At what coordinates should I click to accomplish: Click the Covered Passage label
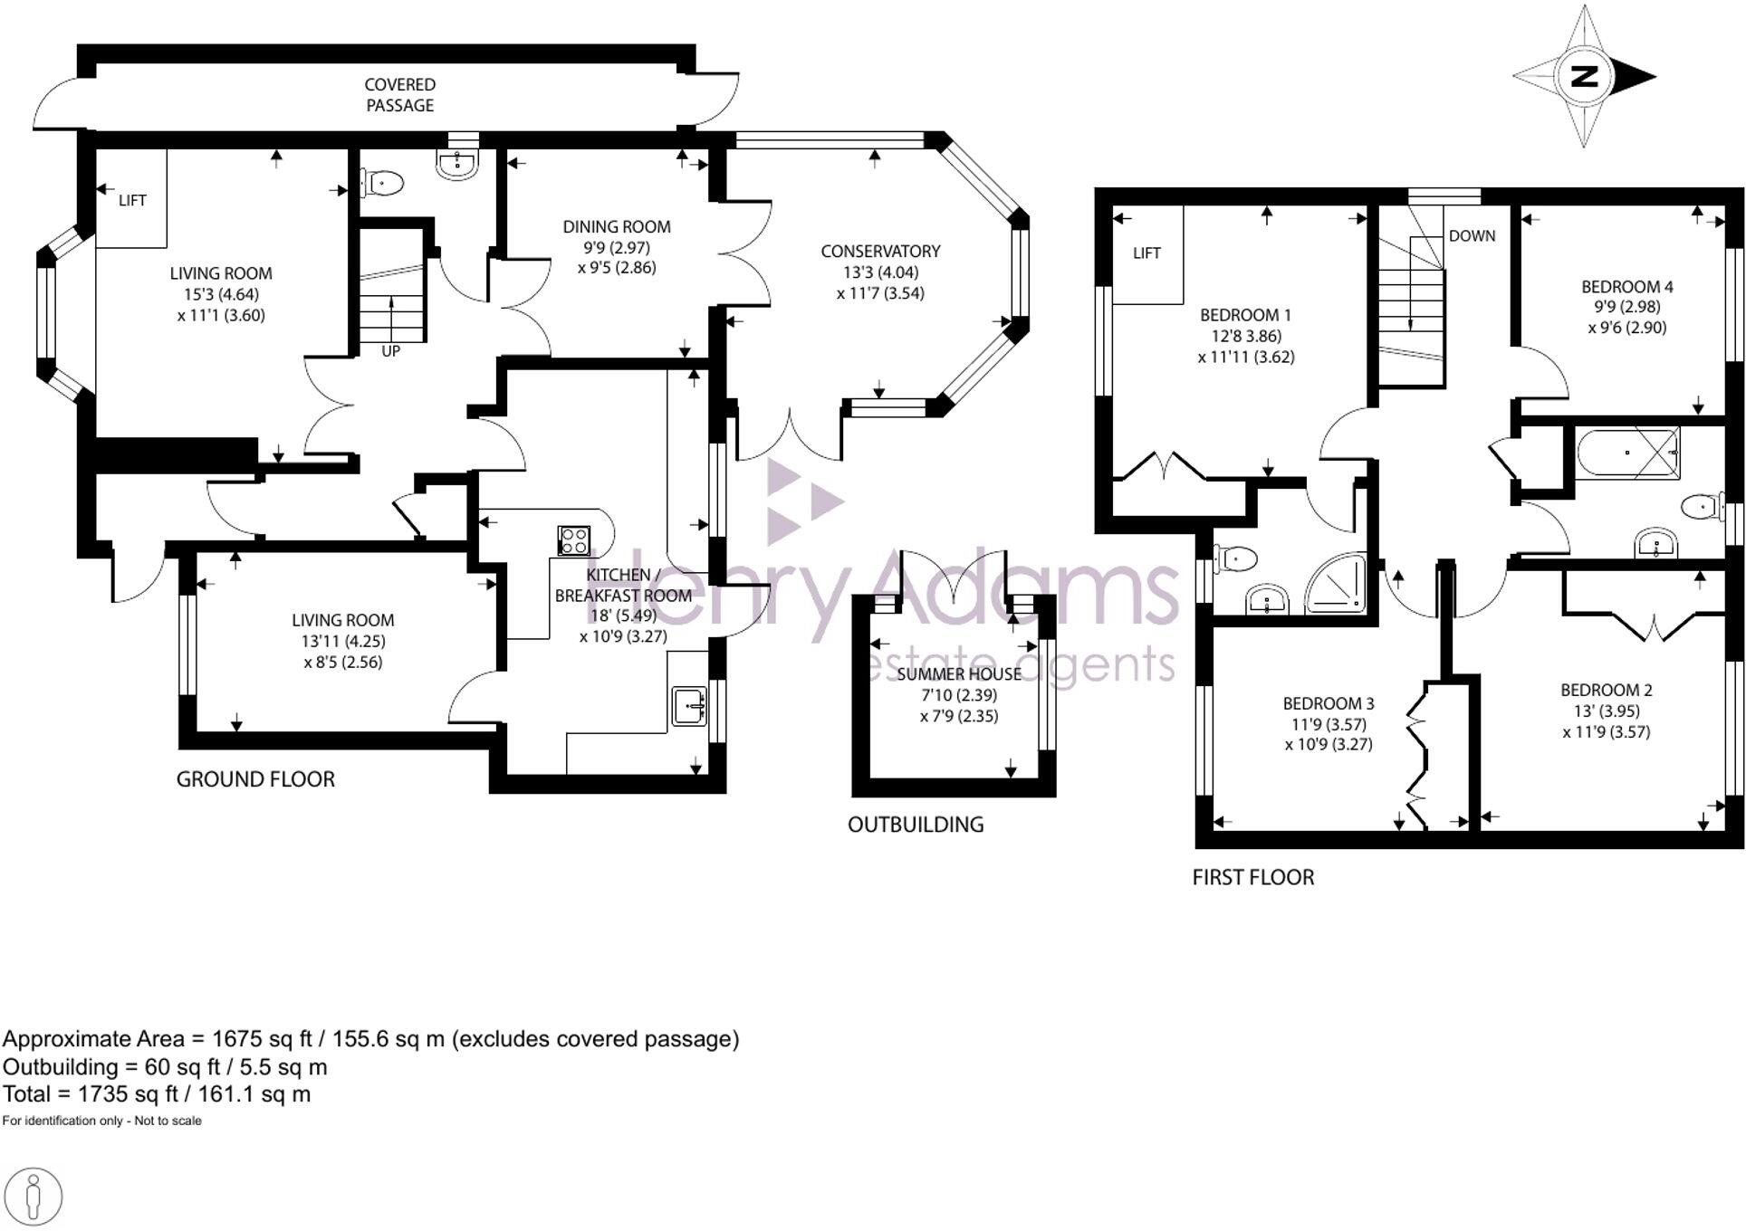399,95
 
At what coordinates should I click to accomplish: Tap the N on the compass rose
1584,76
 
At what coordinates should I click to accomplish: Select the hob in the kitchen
574,541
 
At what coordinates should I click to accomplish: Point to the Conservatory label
880,252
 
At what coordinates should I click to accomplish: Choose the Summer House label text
959,674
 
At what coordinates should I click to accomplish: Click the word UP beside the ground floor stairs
390,351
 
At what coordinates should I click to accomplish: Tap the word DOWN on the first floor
1472,236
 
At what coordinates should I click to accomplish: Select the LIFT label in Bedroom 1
1146,253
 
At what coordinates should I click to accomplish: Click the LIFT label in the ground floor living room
132,201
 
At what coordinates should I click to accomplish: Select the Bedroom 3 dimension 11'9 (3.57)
1329,724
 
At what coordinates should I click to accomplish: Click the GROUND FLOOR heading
255,779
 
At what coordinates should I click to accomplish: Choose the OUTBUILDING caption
915,825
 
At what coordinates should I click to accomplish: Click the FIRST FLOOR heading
1252,877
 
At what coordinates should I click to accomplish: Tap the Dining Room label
617,227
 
